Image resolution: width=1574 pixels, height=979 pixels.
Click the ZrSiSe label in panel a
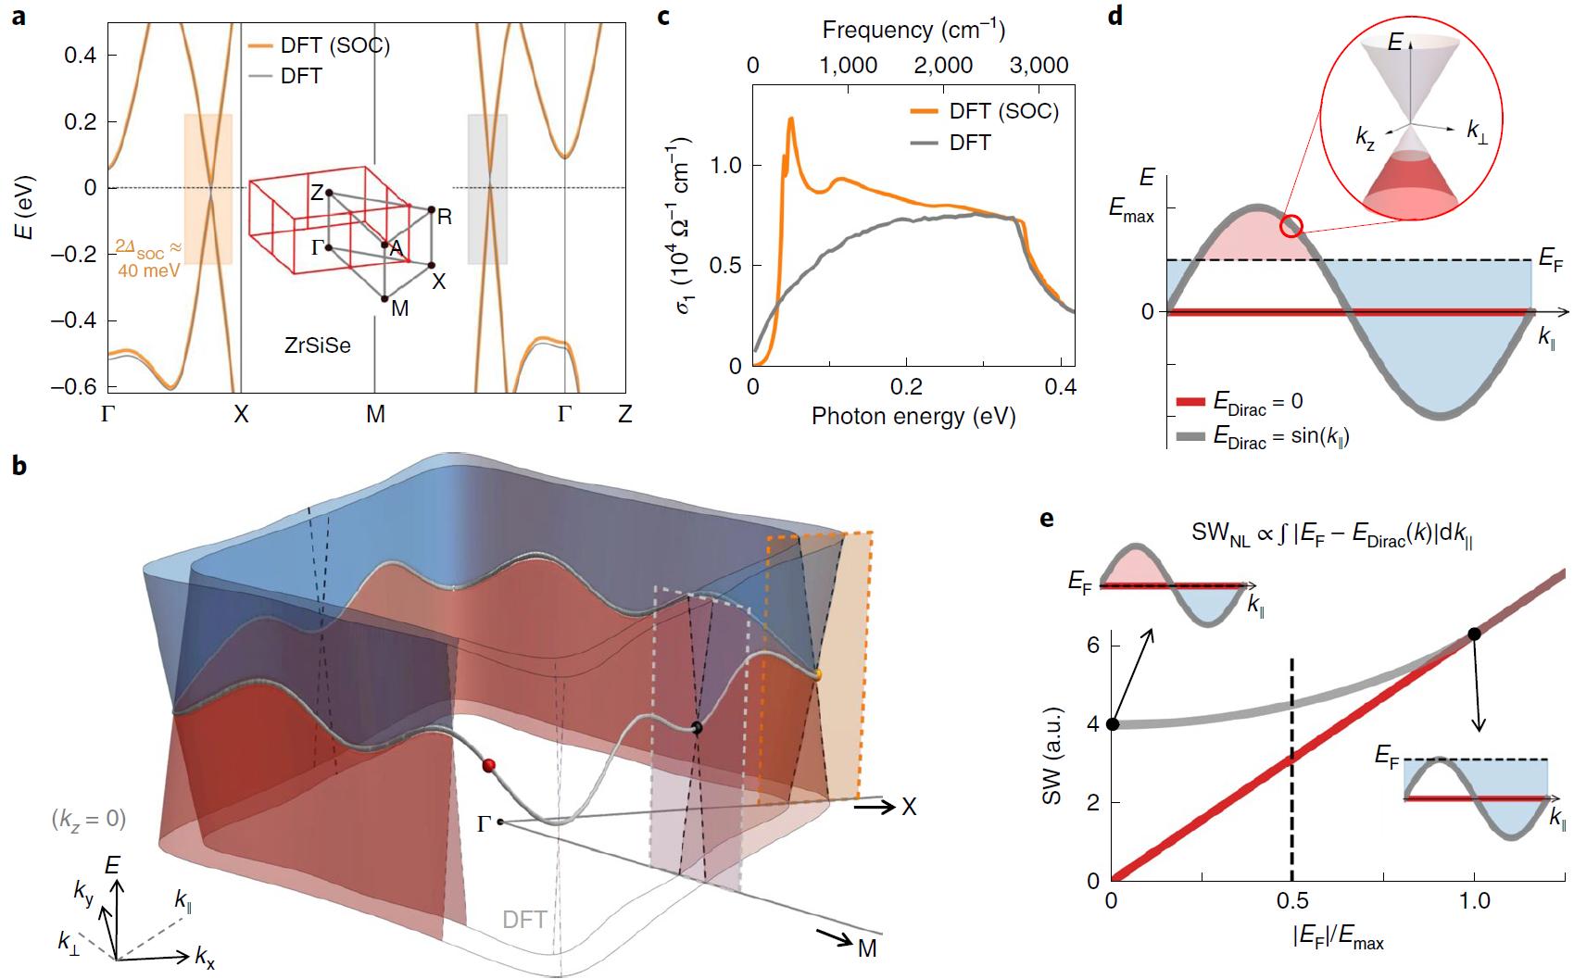tap(317, 347)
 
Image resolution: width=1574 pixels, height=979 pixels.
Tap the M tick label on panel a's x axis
tap(375, 414)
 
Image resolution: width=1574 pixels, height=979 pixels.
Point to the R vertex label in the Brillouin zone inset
tap(445, 218)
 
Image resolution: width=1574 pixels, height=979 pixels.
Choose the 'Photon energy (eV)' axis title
tap(913, 417)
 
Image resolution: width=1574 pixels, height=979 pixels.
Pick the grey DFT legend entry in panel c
tap(969, 143)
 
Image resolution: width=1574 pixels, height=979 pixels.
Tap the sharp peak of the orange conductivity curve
tap(791, 119)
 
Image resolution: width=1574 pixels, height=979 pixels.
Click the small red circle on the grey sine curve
tap(1292, 225)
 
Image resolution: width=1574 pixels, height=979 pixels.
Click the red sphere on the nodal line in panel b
tap(489, 764)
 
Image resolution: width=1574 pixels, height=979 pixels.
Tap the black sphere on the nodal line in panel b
tap(697, 728)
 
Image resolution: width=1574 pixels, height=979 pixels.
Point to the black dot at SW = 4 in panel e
tap(1113, 724)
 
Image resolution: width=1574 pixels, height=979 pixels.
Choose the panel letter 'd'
tap(1114, 16)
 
